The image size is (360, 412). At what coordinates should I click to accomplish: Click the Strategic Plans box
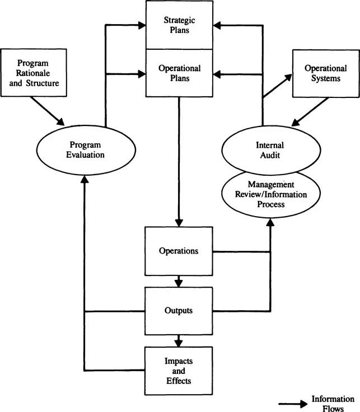coord(179,25)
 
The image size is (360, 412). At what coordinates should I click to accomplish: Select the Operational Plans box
coord(179,72)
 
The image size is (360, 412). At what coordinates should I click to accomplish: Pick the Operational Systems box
coord(322,73)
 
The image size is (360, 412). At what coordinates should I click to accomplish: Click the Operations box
coord(179,251)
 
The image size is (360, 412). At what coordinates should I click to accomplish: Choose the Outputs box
coord(179,310)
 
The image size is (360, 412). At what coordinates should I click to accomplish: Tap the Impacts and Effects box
coord(179,370)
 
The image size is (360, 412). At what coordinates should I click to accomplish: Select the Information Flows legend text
coord(333,403)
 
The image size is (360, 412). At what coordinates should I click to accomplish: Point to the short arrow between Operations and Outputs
coord(179,280)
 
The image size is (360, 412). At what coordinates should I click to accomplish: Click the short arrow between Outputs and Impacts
coord(179,340)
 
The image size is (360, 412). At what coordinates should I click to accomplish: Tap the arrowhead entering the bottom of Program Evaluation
coord(84,178)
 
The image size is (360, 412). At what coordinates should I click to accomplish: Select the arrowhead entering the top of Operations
coord(179,222)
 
